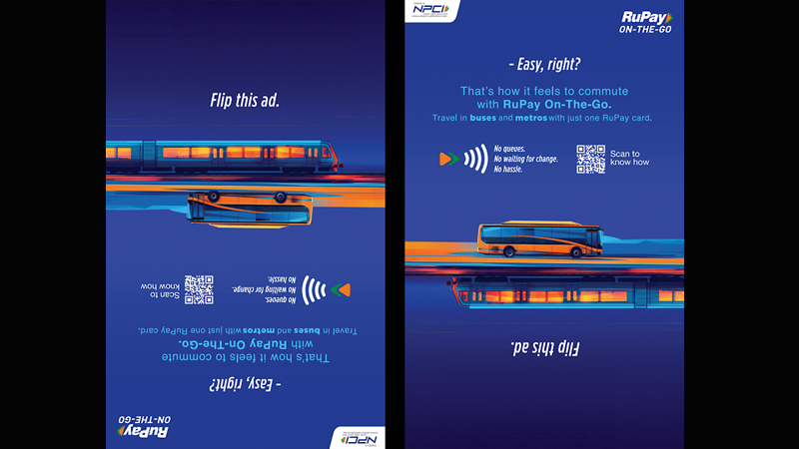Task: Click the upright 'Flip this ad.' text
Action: (x=245, y=100)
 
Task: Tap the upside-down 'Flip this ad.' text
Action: (x=544, y=348)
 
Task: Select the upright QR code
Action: (x=591, y=160)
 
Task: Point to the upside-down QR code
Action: (x=199, y=289)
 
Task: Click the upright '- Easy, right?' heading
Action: (x=544, y=65)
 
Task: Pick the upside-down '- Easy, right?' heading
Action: (x=245, y=384)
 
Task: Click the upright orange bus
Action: (x=540, y=238)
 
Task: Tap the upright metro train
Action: (x=225, y=155)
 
